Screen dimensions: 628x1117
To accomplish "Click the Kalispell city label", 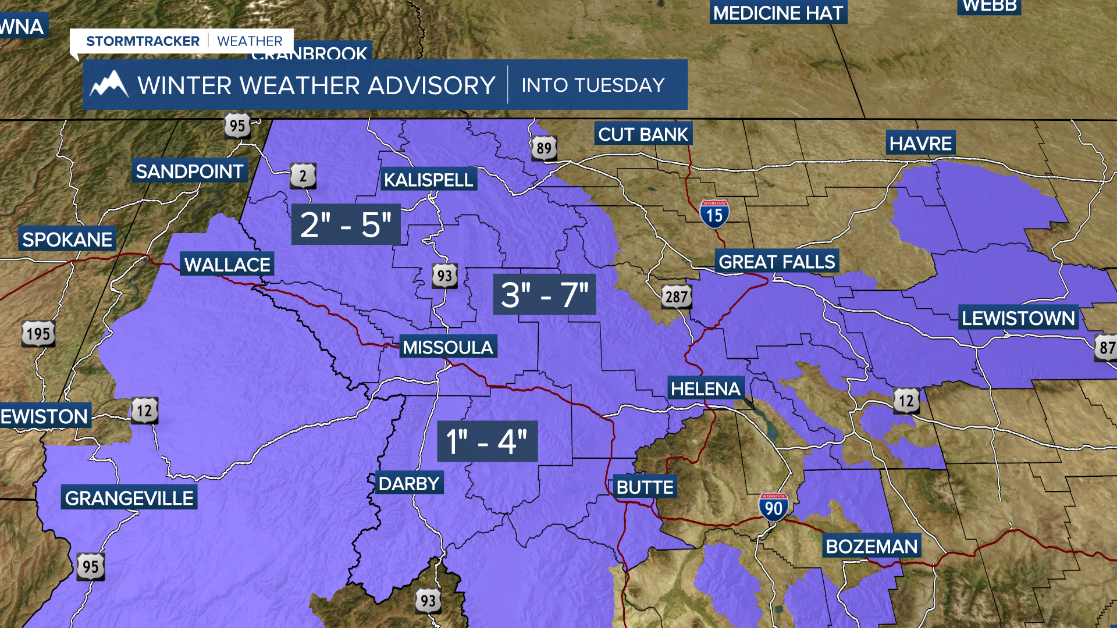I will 428,180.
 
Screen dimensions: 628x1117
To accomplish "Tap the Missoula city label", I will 447,347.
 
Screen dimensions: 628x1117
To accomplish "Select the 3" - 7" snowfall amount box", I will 544,294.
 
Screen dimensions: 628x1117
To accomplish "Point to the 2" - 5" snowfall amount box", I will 346,224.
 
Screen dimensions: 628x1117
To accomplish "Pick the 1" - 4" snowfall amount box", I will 487,441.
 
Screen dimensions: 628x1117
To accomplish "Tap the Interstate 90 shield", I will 773,507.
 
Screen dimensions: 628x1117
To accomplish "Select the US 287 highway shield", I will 677,297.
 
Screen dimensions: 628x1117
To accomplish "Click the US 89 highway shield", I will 544,148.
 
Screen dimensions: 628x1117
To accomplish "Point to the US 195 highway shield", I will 38,334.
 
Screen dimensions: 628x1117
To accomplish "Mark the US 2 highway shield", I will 303,176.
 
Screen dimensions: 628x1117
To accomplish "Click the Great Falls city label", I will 777,262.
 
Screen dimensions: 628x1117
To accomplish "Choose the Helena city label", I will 705,388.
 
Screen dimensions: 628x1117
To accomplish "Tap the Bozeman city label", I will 871,547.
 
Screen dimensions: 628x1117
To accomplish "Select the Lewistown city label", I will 1018,318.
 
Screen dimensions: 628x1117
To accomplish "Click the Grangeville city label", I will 129,498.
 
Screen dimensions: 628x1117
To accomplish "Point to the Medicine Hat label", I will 778,13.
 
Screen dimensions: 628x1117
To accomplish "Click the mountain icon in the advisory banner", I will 109,85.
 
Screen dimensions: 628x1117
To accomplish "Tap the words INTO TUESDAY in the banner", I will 593,85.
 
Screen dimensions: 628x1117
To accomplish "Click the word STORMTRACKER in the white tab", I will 143,41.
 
